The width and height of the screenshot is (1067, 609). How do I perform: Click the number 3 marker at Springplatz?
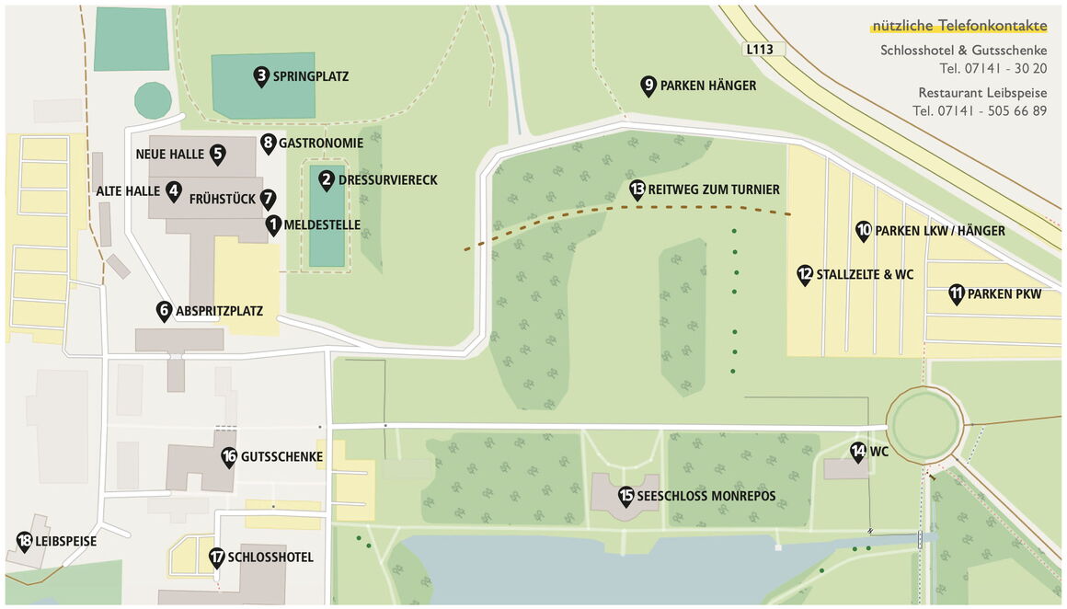coord(261,76)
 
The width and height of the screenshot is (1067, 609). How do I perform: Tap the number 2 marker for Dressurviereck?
coord(327,180)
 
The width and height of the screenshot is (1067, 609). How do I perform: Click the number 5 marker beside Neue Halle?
coord(218,154)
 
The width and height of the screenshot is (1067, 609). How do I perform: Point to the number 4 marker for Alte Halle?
coord(174,190)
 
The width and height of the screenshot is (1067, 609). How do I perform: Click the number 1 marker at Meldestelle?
coord(273,224)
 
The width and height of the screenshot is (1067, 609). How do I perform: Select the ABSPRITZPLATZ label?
coord(219,312)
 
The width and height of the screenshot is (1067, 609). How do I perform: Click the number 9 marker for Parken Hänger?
coord(648,86)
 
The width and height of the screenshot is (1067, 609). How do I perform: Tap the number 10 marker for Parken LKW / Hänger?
coord(863,231)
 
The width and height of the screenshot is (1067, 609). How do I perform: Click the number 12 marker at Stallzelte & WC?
coord(805,274)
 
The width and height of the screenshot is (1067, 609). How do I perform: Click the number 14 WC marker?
coord(858,451)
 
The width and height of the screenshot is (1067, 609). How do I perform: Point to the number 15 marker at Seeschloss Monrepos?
coord(626,496)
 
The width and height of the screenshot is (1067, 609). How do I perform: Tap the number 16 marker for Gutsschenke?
coord(229,456)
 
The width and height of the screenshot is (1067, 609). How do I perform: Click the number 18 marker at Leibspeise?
coord(24,541)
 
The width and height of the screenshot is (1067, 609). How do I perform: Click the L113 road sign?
coord(760,49)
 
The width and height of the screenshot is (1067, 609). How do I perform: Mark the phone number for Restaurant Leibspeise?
coord(980,111)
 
